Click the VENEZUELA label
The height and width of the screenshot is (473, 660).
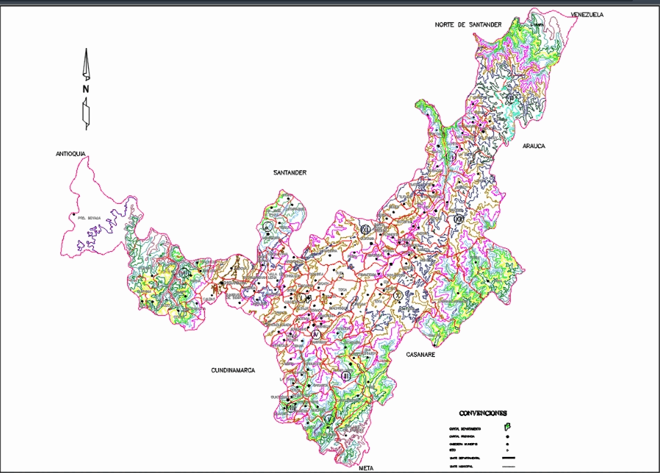587,15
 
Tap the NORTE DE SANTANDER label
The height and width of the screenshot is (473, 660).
468,24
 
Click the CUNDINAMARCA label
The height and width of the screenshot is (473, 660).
233,371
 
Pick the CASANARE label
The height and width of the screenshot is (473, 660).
420,355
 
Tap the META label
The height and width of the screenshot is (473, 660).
367,469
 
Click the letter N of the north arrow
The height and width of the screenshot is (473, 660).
85,89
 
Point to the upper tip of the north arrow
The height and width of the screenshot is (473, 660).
87,49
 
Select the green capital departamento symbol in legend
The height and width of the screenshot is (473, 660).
507,427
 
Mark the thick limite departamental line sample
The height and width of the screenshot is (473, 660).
507,458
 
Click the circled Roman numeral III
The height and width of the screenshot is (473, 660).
346,376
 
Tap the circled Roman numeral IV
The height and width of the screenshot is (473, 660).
317,335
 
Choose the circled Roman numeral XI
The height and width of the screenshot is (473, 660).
365,229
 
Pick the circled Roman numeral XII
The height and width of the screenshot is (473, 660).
459,219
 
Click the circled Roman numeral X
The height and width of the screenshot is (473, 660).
397,295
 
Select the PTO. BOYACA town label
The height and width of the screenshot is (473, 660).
89,218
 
